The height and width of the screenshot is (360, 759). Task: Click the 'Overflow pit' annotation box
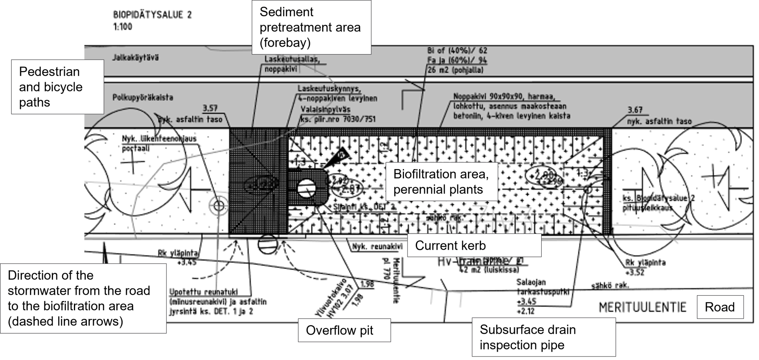[344, 330]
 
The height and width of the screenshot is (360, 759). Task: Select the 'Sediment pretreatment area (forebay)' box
[312, 27]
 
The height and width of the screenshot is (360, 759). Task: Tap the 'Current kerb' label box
[474, 245]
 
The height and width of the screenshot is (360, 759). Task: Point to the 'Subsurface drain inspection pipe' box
[544, 337]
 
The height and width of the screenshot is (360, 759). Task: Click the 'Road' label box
[719, 307]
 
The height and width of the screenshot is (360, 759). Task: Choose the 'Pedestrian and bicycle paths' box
[57, 87]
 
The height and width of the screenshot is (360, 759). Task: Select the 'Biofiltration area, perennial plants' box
[441, 182]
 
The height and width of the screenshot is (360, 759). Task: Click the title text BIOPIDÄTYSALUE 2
[152, 15]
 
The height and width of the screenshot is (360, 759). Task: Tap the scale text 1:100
[123, 27]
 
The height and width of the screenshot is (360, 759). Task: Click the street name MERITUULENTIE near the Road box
[642, 307]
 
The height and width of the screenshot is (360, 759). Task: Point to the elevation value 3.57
[210, 108]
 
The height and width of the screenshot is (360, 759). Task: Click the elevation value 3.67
[635, 110]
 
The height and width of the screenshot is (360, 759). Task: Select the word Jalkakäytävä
[136, 58]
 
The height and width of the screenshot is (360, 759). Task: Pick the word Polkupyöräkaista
[143, 97]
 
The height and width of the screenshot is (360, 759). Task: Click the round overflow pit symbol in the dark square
[306, 188]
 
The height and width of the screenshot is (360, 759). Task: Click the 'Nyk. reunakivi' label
[377, 247]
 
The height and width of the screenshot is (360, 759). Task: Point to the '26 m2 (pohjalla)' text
[455, 70]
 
